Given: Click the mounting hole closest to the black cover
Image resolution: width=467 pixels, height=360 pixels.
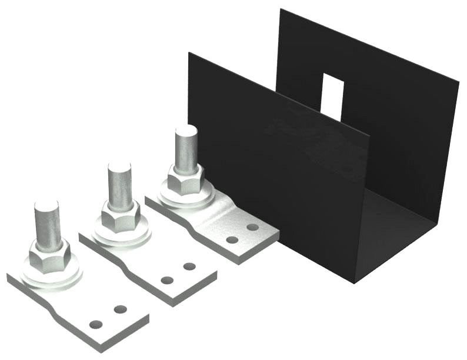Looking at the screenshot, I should [x=253, y=226].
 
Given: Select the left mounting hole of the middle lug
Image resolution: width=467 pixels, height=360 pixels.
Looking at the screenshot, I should [x=167, y=280].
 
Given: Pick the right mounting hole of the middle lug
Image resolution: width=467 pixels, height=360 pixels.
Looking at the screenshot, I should [x=189, y=266].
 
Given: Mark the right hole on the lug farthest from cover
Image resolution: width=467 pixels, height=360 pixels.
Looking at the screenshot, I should [x=121, y=309].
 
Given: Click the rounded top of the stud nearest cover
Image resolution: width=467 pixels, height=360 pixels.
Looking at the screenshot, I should [x=186, y=131].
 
